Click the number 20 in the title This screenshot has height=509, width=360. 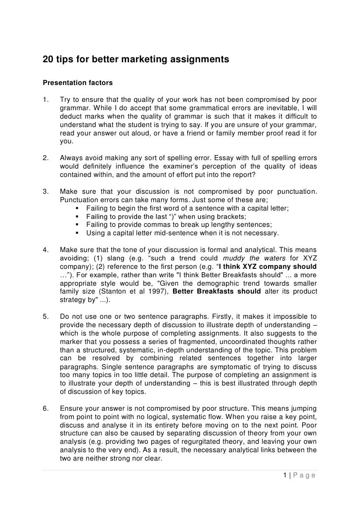click(x=48, y=60)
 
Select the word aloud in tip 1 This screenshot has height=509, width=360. click(x=134, y=132)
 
